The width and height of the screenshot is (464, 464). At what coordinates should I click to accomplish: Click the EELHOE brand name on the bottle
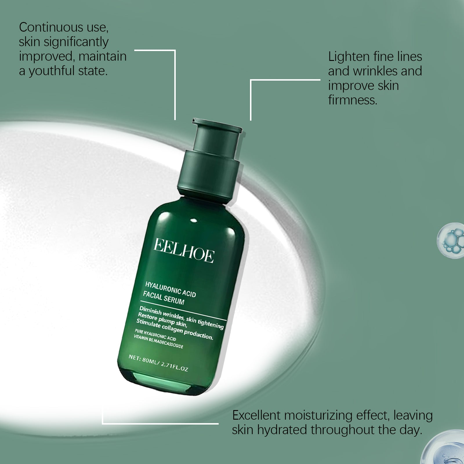click(184, 251)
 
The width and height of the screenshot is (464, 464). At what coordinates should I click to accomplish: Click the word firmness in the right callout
click(353, 100)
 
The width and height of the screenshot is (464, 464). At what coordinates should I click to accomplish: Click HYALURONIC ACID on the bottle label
click(171, 289)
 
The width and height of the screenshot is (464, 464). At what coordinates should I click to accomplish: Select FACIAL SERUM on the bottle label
click(164, 298)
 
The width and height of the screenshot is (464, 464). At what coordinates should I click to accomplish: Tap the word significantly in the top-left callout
click(75, 42)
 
